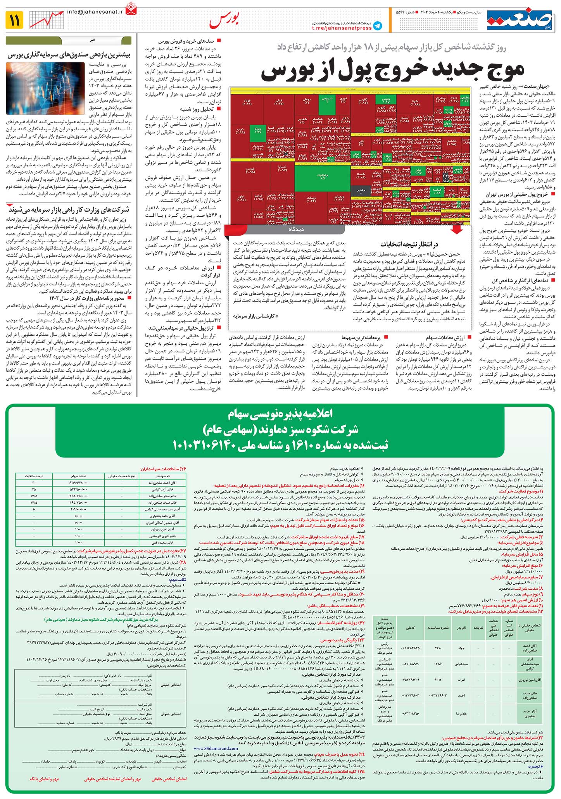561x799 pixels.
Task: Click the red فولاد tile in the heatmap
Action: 247,103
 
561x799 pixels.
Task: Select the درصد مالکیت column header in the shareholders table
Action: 34,475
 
